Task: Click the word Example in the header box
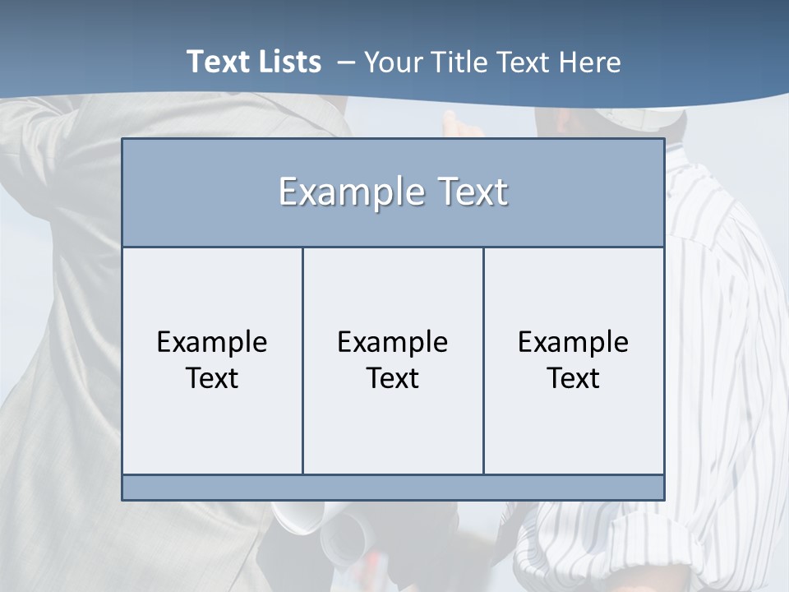click(x=346, y=192)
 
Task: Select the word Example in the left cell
click(x=212, y=342)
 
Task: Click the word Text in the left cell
click(x=212, y=378)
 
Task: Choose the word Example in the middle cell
click(x=393, y=342)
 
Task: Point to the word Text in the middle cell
click(x=393, y=378)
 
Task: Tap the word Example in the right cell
click(x=574, y=342)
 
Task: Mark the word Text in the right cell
click(x=574, y=378)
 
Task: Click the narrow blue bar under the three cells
click(x=393, y=488)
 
